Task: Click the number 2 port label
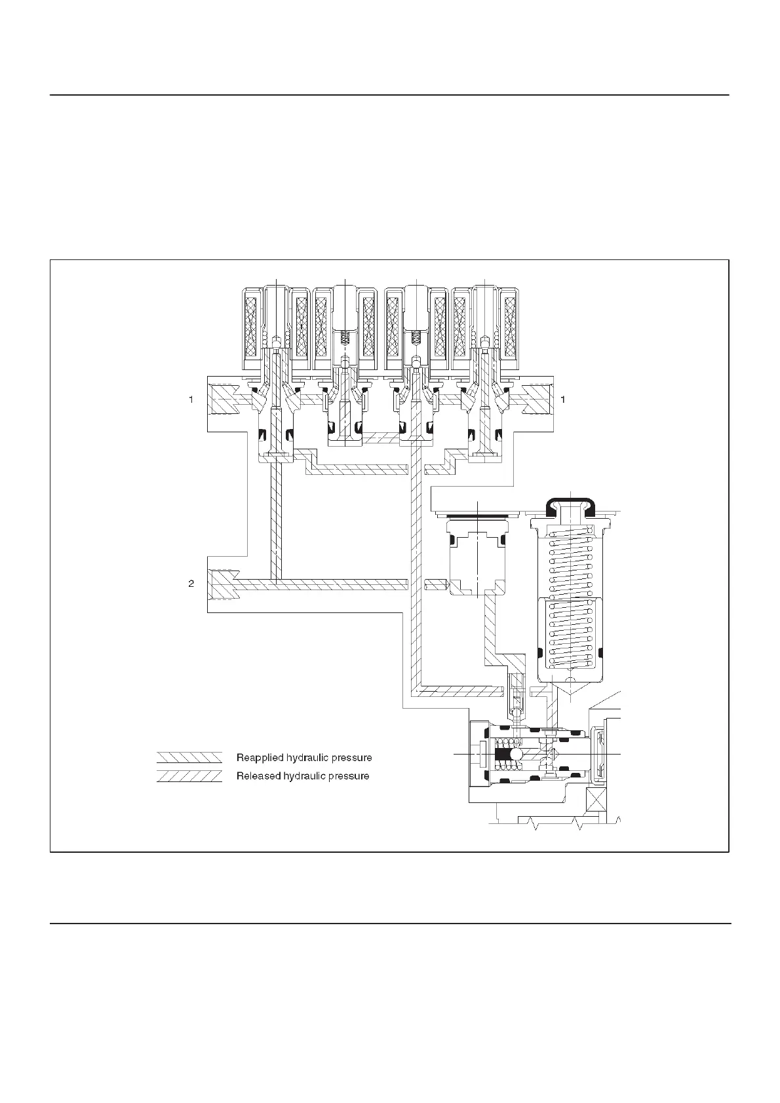(x=191, y=583)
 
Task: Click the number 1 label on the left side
(x=191, y=399)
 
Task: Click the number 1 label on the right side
(x=563, y=399)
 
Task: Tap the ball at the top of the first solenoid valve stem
(x=277, y=341)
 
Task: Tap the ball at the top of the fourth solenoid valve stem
(x=484, y=341)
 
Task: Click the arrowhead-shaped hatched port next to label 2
(x=222, y=583)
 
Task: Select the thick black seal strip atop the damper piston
(x=478, y=517)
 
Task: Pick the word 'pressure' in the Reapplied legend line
(x=352, y=758)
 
